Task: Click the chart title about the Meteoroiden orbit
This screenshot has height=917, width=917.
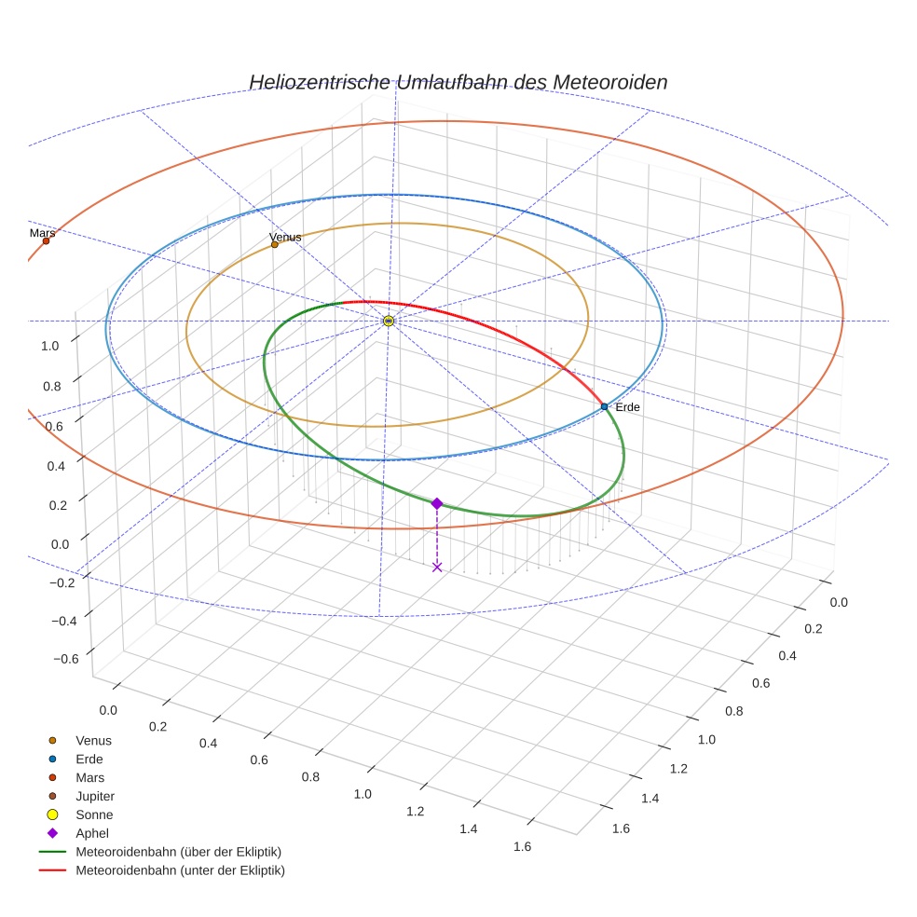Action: (x=458, y=82)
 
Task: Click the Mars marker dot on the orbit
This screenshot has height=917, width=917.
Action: (x=46, y=241)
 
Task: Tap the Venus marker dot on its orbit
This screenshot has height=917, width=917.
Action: (x=274, y=245)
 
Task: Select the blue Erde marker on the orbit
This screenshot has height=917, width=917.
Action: (x=604, y=406)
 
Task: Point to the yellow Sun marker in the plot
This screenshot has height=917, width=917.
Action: (x=389, y=321)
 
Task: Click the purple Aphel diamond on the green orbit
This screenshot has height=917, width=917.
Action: (x=437, y=503)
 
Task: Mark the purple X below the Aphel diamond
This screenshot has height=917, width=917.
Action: (x=437, y=567)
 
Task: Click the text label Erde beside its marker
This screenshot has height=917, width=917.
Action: (x=627, y=407)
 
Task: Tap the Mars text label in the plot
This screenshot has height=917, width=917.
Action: (x=42, y=233)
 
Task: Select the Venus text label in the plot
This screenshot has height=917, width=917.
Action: (x=285, y=237)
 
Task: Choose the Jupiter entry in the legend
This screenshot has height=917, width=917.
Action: (x=94, y=796)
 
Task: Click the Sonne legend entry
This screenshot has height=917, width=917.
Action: (x=94, y=814)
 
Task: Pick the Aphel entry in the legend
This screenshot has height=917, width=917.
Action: (x=91, y=833)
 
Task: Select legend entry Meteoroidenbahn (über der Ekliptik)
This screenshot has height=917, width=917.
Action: (x=178, y=852)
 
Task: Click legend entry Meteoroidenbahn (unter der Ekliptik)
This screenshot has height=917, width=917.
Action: (x=180, y=870)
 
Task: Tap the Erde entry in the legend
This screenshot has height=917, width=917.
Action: (x=89, y=759)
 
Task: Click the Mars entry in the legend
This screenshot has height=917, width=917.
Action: (x=89, y=777)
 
